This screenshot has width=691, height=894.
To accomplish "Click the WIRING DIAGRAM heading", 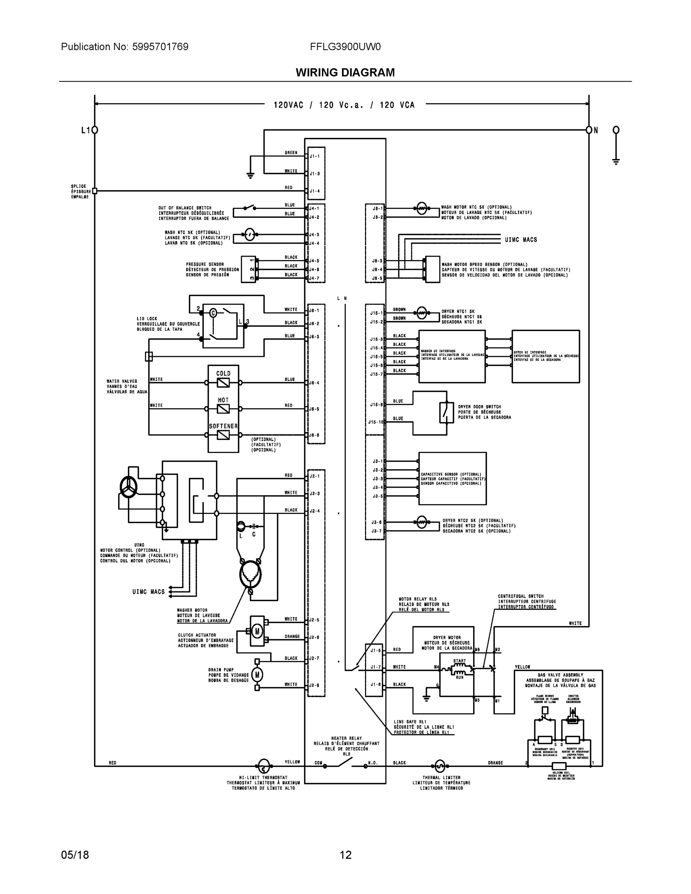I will pos(345,73).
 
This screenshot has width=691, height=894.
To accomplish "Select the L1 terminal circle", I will pos(95,130).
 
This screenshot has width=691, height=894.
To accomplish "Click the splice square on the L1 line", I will pos(95,191).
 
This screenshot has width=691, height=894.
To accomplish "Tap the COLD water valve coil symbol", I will pos(223,383).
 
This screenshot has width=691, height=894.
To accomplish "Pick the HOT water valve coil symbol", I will pos(223,409).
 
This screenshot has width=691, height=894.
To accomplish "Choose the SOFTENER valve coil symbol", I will pos(223,435).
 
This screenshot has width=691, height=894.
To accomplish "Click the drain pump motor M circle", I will pos(257,675).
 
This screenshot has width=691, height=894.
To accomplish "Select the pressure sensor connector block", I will pos(248,269).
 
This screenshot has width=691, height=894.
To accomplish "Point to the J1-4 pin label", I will pos(314,191).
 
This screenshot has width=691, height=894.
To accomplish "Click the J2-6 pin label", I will pos(314,638).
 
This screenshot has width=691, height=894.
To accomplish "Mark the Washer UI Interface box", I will pos(452,356).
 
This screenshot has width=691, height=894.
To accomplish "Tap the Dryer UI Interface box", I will pos(545,356).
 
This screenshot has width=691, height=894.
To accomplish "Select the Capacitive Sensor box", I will pos(452,478).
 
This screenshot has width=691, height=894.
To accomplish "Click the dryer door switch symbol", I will pos(447,412).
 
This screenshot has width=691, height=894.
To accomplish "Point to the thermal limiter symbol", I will pos(439,765).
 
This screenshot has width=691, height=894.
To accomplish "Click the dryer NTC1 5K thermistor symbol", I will pos(422,313).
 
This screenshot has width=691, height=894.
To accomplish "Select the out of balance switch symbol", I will pos(248,207).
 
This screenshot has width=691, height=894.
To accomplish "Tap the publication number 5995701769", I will pos(160,47).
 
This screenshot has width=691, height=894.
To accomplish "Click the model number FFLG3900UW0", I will pos(345,47).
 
